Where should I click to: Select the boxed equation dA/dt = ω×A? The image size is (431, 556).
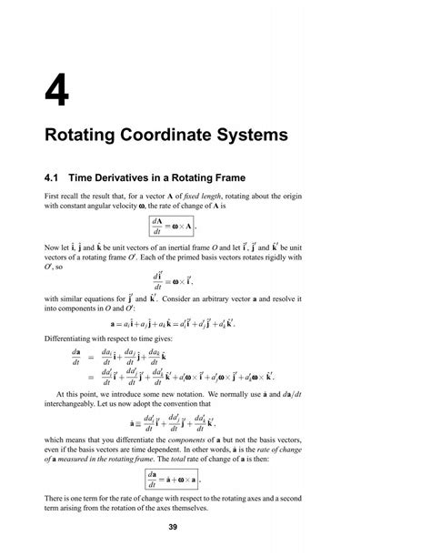pyautogui.click(x=195, y=226)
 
